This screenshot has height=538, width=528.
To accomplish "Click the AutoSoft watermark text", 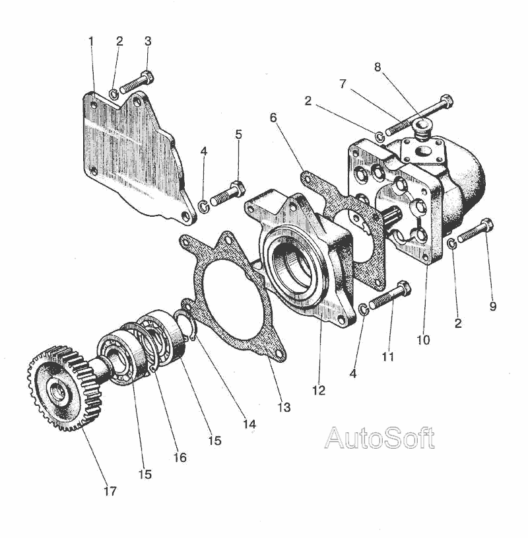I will pyautogui.click(x=379, y=438).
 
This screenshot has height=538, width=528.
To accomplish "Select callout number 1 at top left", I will pyautogui.click(x=91, y=41).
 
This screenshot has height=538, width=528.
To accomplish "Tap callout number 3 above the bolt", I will pyautogui.click(x=147, y=41).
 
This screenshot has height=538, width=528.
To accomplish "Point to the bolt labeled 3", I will pyautogui.click(x=137, y=83).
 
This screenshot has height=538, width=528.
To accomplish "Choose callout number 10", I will pyautogui.click(x=423, y=340).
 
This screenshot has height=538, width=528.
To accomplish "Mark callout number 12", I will pyautogui.click(x=319, y=390).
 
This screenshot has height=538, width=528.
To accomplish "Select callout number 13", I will pyautogui.click(x=284, y=408).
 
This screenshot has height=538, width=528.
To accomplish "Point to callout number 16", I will pyautogui.click(x=180, y=457).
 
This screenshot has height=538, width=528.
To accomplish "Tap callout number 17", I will pyautogui.click(x=110, y=490).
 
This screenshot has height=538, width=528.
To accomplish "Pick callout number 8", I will pyautogui.click(x=378, y=67).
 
